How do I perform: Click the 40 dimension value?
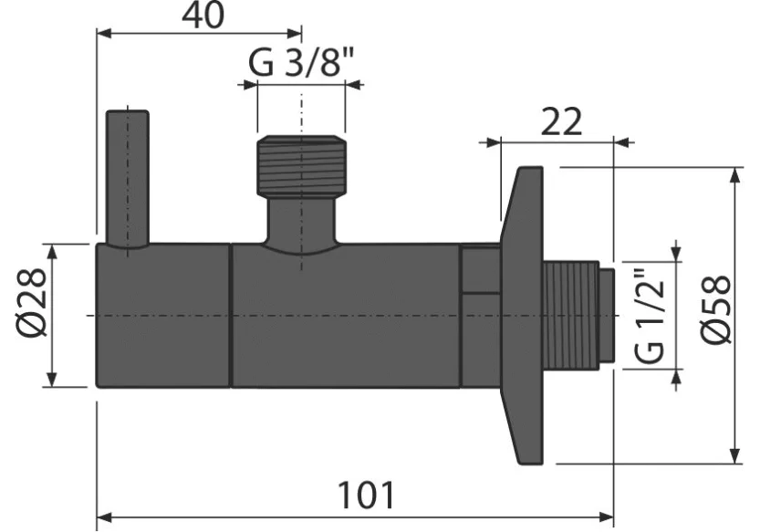click(203, 16)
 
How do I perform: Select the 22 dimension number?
click(561, 121)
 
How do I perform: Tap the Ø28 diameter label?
click(32, 304)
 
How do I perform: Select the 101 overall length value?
click(366, 495)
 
